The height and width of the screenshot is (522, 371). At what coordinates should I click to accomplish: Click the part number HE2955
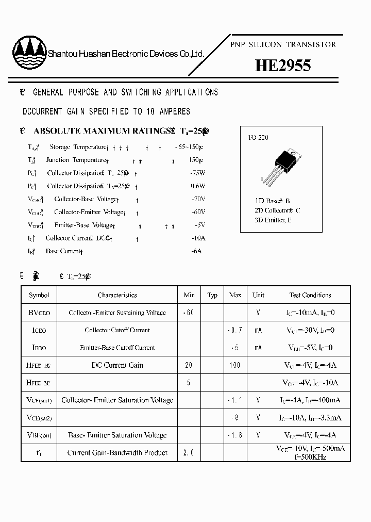point(283,66)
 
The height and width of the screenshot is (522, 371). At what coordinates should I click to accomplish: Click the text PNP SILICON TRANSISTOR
point(282,45)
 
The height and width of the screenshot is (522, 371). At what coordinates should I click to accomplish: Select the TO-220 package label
point(258,138)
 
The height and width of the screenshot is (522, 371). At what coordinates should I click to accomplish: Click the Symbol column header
point(39,295)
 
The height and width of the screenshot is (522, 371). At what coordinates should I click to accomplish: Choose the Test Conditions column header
point(310,295)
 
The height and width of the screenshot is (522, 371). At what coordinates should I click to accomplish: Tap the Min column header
point(189,295)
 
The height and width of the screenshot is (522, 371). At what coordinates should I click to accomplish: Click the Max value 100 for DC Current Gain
point(235,365)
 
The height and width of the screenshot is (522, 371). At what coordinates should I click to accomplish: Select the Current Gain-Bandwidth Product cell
point(117,453)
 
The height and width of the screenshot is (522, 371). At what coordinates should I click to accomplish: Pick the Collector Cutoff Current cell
point(117,330)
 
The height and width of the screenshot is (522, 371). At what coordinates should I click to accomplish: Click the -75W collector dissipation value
point(198,173)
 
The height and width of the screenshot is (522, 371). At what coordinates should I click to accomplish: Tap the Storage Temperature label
point(78,147)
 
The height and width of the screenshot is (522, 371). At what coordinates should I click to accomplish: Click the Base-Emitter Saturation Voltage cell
point(117,435)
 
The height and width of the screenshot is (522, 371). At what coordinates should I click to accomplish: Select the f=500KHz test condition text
point(310,457)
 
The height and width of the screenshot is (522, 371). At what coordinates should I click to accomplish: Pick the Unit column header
point(258,295)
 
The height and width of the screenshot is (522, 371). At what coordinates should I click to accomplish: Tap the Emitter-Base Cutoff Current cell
point(117,348)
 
